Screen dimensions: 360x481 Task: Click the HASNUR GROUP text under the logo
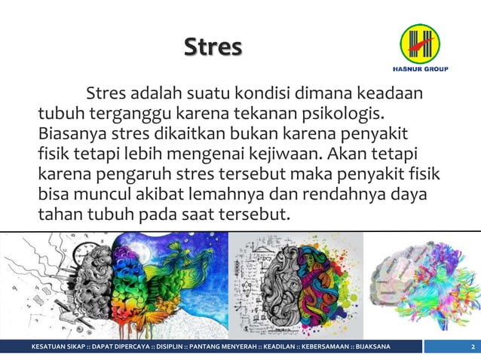click(x=421, y=70)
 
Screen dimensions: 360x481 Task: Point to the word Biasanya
click(x=72, y=136)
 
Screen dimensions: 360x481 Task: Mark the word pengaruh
click(x=124, y=176)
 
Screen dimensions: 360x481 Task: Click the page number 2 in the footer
click(x=471, y=347)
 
